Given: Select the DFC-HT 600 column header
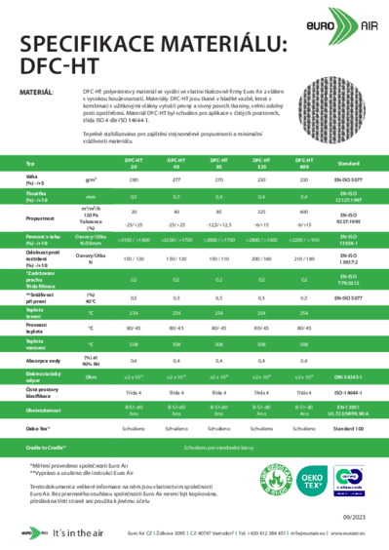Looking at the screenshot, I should point(302,163).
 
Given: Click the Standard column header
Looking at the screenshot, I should point(348,164).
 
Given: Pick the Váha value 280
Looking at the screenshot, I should point(134,181).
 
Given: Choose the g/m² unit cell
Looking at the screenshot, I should point(90,181).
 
